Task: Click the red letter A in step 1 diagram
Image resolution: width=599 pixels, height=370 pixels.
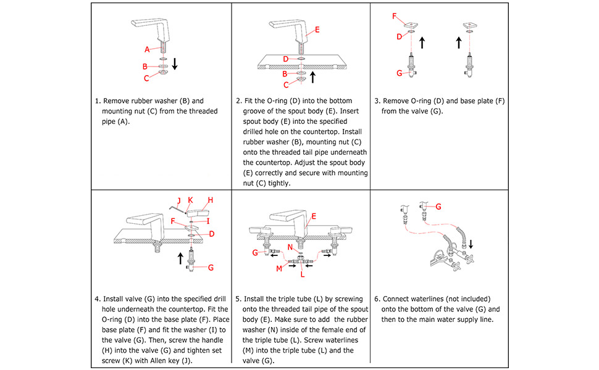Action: (148, 49)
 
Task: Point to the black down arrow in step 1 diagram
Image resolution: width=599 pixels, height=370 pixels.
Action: (175, 64)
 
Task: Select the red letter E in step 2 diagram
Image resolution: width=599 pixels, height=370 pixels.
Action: (317, 30)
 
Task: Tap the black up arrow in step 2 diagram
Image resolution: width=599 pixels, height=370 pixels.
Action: (313, 76)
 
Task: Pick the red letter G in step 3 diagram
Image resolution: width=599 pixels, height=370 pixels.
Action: (400, 73)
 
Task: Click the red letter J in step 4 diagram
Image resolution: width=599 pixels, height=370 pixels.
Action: (179, 200)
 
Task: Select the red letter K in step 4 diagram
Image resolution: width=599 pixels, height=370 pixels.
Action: (190, 200)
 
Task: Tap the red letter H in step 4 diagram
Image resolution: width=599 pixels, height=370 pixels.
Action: (210, 200)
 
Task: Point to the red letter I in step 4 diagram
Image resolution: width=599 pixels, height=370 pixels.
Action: (208, 220)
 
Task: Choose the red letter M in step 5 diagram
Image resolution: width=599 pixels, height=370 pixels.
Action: (279, 268)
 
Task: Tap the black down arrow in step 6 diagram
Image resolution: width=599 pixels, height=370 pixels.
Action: (472, 244)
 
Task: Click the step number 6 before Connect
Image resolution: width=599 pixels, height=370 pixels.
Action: (377, 298)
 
